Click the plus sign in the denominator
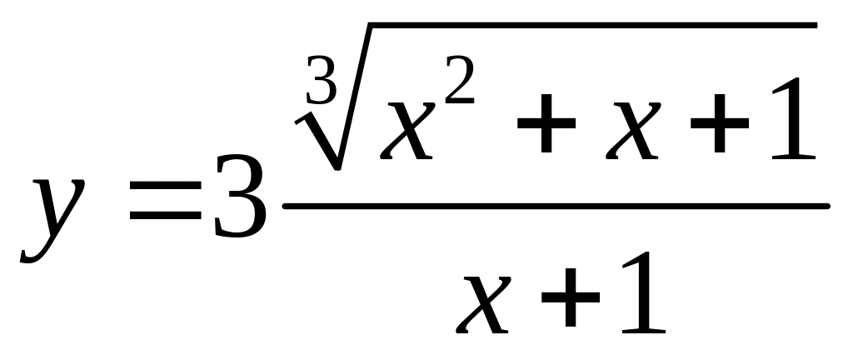571,297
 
